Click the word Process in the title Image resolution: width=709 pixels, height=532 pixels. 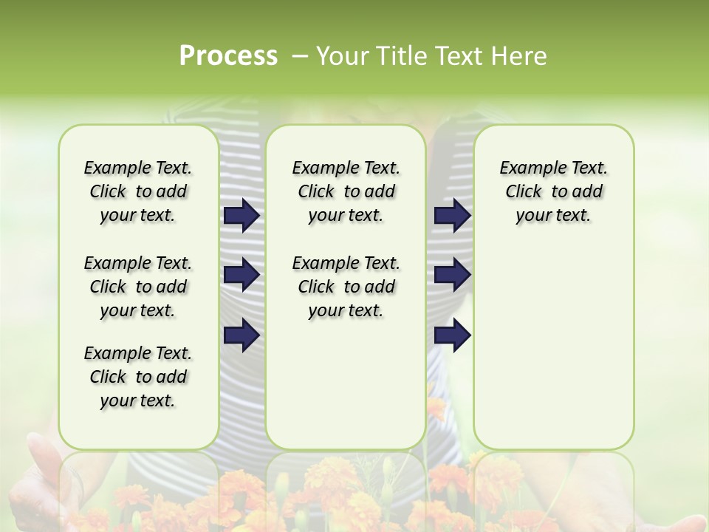[228, 55]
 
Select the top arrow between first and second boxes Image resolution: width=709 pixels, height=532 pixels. [242, 216]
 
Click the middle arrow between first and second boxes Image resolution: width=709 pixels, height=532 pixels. [242, 275]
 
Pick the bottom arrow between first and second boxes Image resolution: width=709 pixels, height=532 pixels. [242, 335]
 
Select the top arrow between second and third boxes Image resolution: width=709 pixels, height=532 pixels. [453, 216]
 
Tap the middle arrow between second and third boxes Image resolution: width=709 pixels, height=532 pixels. [453, 275]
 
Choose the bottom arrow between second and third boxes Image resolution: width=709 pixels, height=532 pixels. [453, 335]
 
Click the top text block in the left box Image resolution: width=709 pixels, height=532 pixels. [138, 191]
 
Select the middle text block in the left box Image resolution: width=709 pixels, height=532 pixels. [138, 287]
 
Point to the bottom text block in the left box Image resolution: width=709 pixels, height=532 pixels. [138, 377]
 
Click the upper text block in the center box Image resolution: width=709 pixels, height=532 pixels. [346, 191]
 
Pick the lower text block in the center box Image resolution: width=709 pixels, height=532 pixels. [346, 287]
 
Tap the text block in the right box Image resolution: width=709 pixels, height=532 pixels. [553, 191]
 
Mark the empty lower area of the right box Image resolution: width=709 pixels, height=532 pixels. [553, 347]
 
